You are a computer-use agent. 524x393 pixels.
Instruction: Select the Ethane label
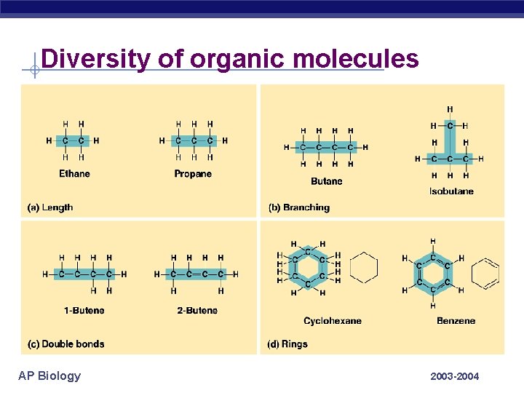(75, 174)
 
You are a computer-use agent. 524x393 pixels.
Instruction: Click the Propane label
(193, 174)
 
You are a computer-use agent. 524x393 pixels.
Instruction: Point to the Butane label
(326, 181)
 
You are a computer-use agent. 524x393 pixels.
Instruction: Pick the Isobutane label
(451, 191)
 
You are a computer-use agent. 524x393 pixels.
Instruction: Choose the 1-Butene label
(84, 311)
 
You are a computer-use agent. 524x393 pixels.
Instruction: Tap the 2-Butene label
(197, 311)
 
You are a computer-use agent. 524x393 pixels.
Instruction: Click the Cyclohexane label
(333, 321)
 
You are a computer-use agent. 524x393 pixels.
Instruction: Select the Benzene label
(456, 321)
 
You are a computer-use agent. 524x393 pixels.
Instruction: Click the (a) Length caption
(50, 207)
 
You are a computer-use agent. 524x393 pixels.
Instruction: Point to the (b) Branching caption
(298, 207)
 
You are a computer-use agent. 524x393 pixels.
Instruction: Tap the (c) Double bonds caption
(65, 344)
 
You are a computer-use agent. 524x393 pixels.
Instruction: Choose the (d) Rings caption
(287, 344)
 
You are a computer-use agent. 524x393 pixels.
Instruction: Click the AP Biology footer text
(49, 376)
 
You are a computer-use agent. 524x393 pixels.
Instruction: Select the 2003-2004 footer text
(455, 376)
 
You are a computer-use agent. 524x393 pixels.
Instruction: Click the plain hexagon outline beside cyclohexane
(364, 268)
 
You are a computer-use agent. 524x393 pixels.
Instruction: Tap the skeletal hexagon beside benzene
(485, 274)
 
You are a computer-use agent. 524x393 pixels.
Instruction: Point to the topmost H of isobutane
(450, 110)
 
